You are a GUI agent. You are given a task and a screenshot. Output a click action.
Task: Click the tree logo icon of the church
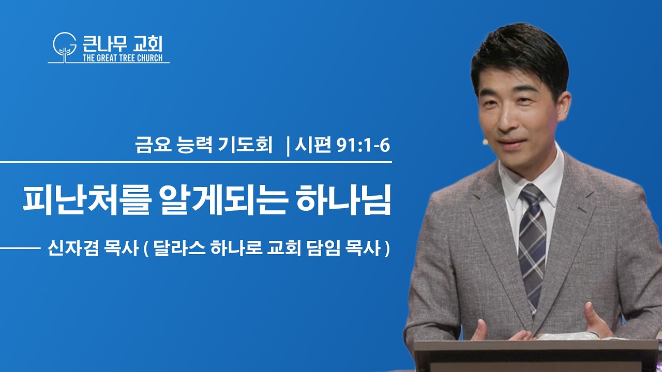tap(65, 47)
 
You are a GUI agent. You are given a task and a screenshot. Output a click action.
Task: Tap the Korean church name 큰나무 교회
tap(123, 44)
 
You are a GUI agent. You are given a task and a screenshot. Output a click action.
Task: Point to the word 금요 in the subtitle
tap(153, 145)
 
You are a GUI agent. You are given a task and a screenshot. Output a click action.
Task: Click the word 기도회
tap(245, 145)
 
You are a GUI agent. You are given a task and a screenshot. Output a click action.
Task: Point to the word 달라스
tap(179, 249)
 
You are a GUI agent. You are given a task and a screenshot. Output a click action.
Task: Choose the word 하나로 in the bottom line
tap(236, 249)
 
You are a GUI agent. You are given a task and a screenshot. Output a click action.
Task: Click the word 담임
tap(324, 249)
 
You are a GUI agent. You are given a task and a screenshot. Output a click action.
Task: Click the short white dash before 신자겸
tap(20, 249)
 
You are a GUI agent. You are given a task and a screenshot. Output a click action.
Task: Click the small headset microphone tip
tap(485, 142)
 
